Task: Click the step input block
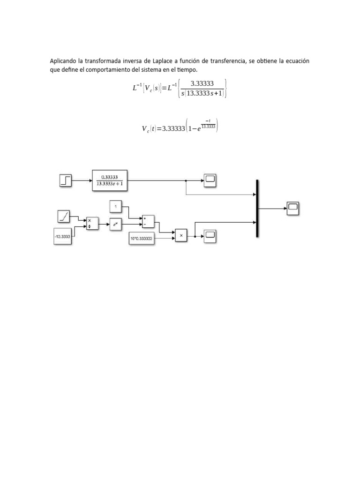point(66,180)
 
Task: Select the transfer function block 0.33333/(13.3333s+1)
point(110,180)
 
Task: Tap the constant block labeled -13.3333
point(62,237)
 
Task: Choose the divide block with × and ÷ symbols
point(92,224)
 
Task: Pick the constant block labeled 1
point(115,205)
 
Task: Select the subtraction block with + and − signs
point(148,221)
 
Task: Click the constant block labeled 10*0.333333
point(142,239)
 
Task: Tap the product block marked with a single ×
point(181,235)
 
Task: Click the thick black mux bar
point(257,208)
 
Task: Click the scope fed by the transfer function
point(210,180)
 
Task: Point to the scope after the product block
point(210,235)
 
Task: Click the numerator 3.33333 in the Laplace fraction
point(202,84)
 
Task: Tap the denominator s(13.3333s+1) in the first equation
point(202,93)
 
